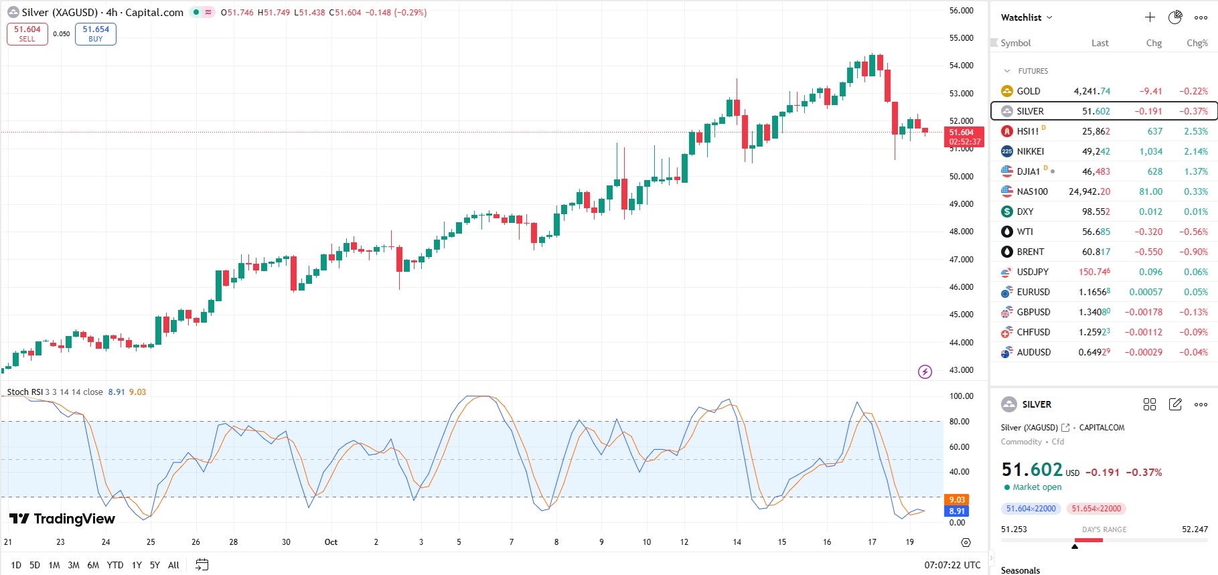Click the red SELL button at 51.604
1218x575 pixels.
coord(27,34)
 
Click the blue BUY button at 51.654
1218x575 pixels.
coord(96,34)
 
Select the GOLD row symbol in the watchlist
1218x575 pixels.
coord(1028,91)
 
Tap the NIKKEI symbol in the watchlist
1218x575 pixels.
coord(1030,151)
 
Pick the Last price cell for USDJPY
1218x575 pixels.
coord(1094,272)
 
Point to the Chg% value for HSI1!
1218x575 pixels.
coord(1195,131)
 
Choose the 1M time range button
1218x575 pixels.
coord(54,565)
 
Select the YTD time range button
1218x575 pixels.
coord(115,565)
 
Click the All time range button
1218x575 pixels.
coord(173,565)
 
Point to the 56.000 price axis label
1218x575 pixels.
coord(961,11)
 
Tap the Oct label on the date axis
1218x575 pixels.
coord(331,542)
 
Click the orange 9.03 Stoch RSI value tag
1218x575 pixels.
coord(957,499)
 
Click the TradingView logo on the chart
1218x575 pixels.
coord(62,519)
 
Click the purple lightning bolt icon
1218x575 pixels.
coord(925,372)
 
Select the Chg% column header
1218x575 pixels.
coord(1197,43)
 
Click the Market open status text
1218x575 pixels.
coord(1037,487)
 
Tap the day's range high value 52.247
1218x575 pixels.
coord(1195,529)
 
